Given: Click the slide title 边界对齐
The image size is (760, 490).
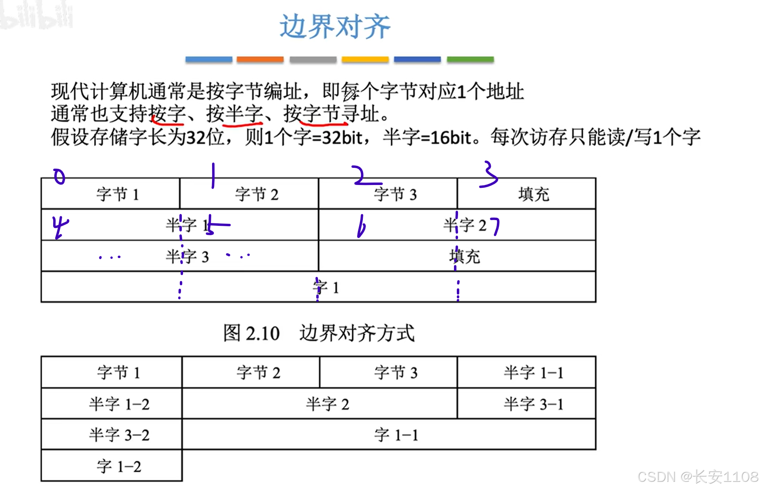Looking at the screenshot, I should click(x=335, y=27).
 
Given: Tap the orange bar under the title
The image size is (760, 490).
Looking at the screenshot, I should click(x=260, y=60).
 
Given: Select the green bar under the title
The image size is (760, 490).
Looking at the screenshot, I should click(x=470, y=60).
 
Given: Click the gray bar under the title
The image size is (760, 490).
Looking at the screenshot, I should click(x=313, y=60).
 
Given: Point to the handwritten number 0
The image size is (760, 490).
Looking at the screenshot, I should click(x=60, y=177).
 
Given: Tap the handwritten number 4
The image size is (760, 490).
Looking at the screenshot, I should click(x=60, y=227).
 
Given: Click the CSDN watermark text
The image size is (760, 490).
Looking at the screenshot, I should click(x=697, y=477).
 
